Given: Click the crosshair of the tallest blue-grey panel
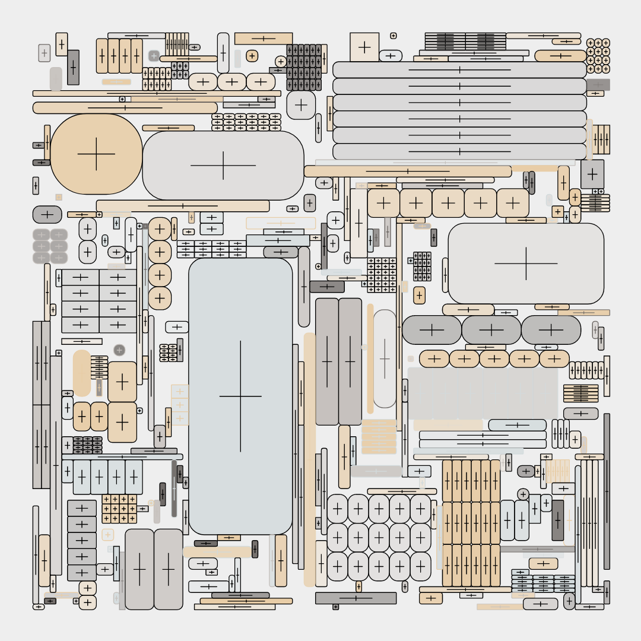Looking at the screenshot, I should (x=240, y=396).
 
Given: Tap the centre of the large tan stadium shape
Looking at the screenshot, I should (x=96, y=154).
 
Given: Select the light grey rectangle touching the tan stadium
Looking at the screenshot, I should (x=223, y=165).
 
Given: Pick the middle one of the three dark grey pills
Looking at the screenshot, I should (x=491, y=330).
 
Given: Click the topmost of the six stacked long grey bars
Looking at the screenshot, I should (x=459, y=70).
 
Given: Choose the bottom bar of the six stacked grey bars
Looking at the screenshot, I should (x=459, y=151).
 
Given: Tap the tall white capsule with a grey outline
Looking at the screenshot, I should (x=385, y=358).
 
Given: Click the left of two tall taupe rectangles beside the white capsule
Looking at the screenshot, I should (x=327, y=361).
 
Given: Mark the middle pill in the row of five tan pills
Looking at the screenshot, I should (x=494, y=358).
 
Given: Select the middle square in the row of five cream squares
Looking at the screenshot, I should (x=448, y=203).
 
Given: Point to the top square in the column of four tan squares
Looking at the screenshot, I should (x=160, y=229).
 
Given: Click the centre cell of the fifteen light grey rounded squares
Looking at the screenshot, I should (x=379, y=538).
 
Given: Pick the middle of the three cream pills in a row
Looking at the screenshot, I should (x=232, y=82).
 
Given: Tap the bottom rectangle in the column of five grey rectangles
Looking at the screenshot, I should (x=82, y=573).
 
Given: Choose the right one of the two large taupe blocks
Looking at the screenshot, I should (x=169, y=569).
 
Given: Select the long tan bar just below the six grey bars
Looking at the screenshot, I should (x=408, y=172).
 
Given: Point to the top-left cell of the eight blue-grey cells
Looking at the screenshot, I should (x=80, y=277).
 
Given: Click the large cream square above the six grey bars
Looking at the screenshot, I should (x=364, y=47).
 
